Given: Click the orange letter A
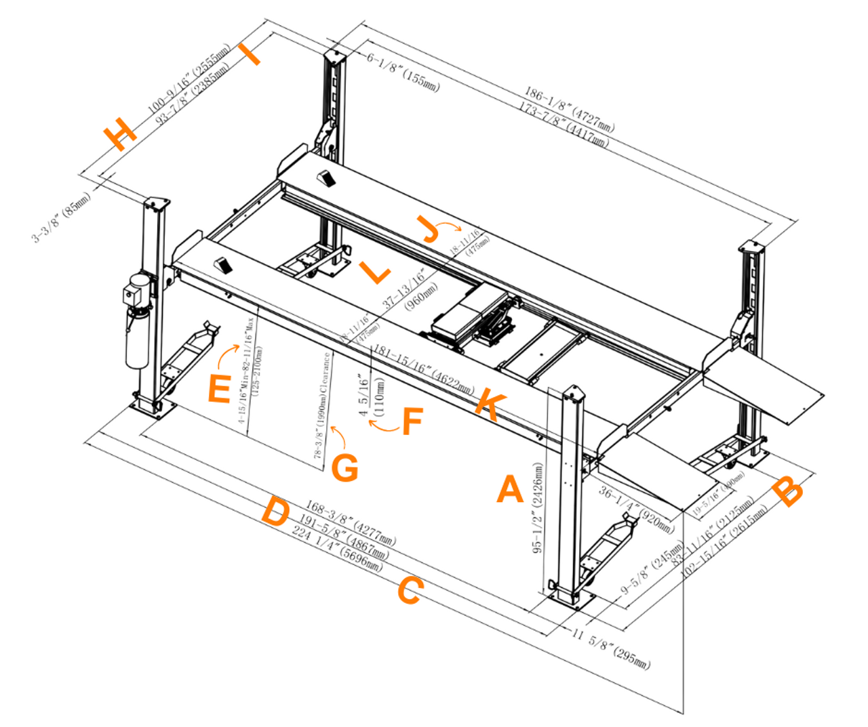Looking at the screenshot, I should (510, 489).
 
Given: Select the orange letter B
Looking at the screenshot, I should (789, 492).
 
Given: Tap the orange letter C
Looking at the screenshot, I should (410, 591).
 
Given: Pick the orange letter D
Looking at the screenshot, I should (276, 512).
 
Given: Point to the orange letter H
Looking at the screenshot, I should (120, 133).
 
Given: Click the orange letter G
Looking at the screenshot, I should (345, 468).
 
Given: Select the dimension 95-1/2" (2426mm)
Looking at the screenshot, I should (538, 508).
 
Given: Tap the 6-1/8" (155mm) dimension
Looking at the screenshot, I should (404, 72).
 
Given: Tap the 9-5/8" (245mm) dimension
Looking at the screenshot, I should (652, 568).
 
